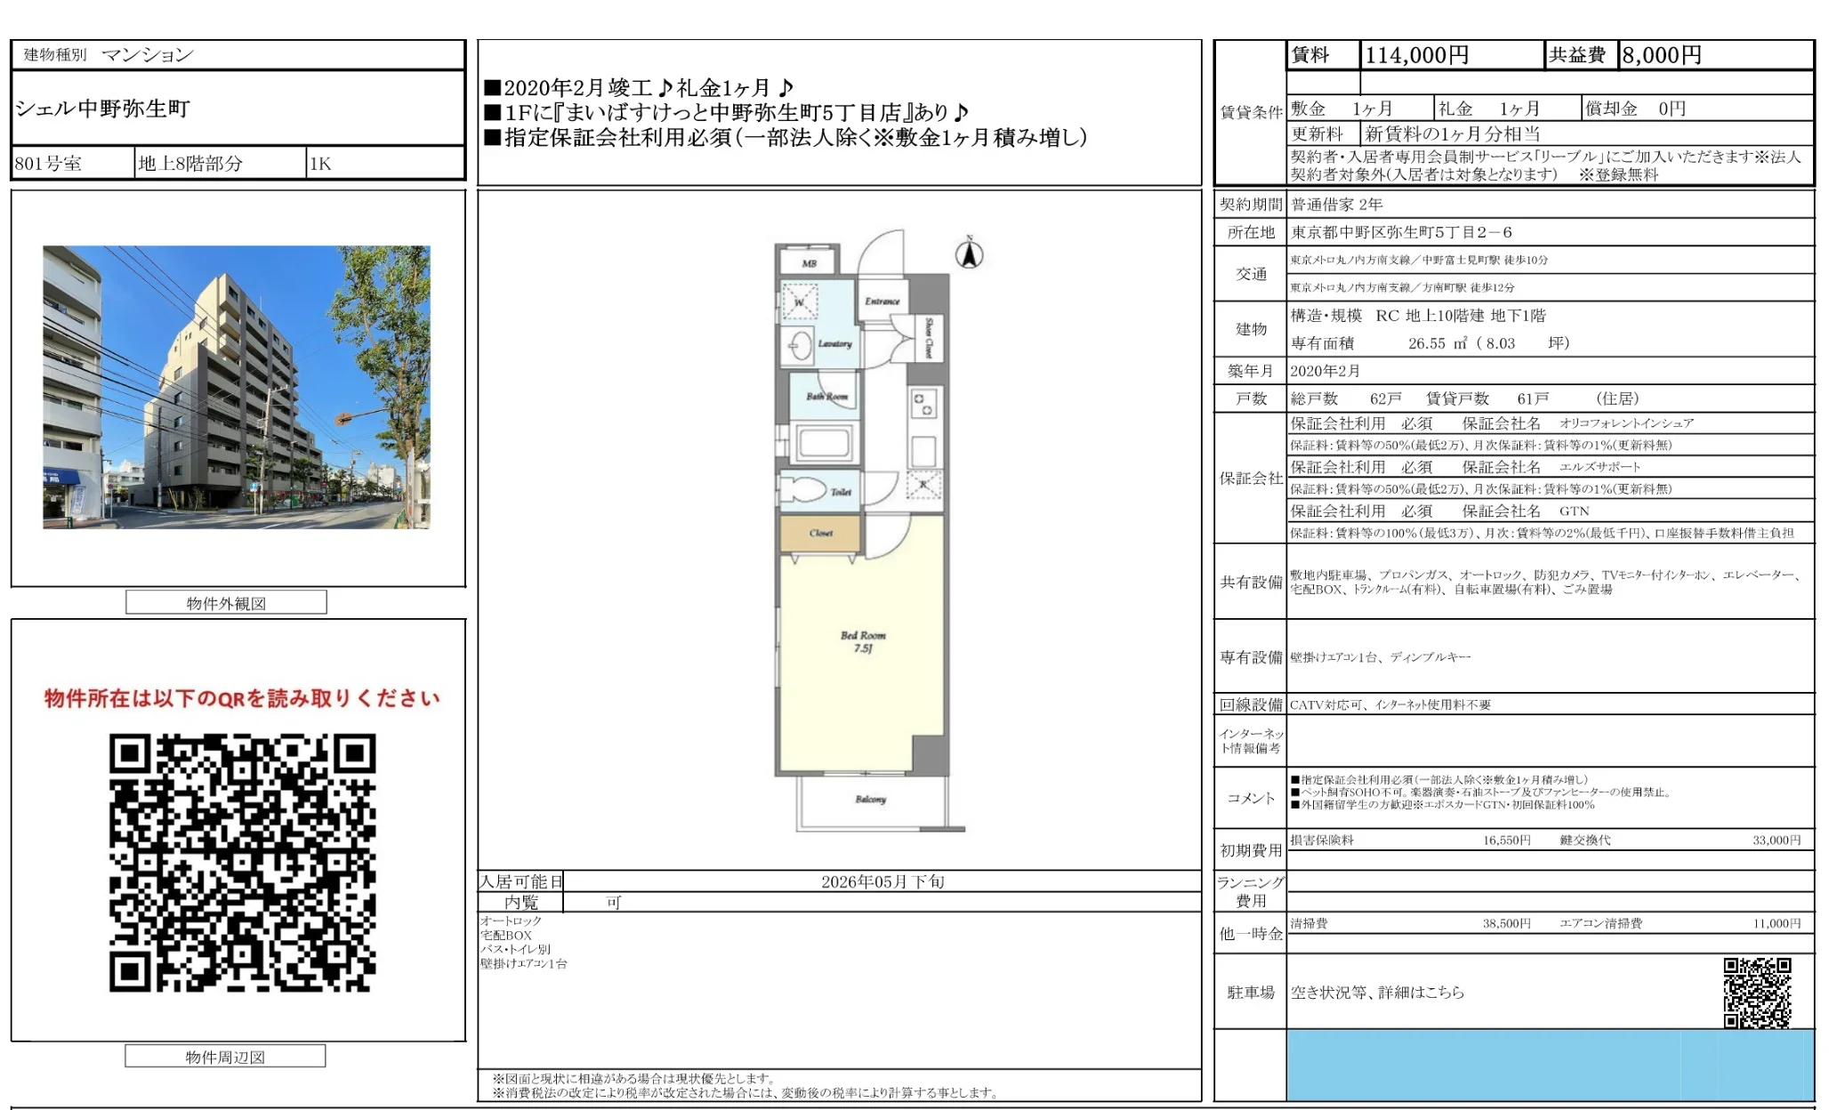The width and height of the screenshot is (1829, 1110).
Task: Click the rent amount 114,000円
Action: tap(1416, 55)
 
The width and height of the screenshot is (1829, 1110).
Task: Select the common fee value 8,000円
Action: tap(1661, 55)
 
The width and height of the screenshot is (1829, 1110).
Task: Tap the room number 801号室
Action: tap(48, 164)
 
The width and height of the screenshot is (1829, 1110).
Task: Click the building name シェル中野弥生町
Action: tap(102, 109)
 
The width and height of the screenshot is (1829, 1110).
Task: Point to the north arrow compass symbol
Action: tap(969, 253)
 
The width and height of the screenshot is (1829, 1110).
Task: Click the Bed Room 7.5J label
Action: tap(862, 641)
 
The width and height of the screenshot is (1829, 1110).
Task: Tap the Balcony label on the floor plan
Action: tap(870, 799)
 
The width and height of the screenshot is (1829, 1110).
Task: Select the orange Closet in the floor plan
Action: tap(820, 534)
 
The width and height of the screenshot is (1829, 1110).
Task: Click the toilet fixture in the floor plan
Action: tap(806, 490)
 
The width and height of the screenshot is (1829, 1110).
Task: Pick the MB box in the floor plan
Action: tap(808, 262)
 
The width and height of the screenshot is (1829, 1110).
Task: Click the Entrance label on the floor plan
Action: tap(882, 302)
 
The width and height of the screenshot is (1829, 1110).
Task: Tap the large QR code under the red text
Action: tap(242, 862)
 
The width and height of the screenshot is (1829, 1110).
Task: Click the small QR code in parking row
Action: tap(1756, 992)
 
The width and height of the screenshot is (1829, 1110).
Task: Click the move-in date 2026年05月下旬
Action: tap(882, 881)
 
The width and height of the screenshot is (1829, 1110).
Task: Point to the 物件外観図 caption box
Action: tap(226, 603)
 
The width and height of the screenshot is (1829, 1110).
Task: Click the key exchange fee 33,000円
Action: tap(1776, 840)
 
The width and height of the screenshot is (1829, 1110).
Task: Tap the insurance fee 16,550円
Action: tap(1506, 840)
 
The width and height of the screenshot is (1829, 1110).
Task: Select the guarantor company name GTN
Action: tap(1574, 511)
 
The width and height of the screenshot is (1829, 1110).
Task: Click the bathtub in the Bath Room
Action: tap(824, 442)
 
